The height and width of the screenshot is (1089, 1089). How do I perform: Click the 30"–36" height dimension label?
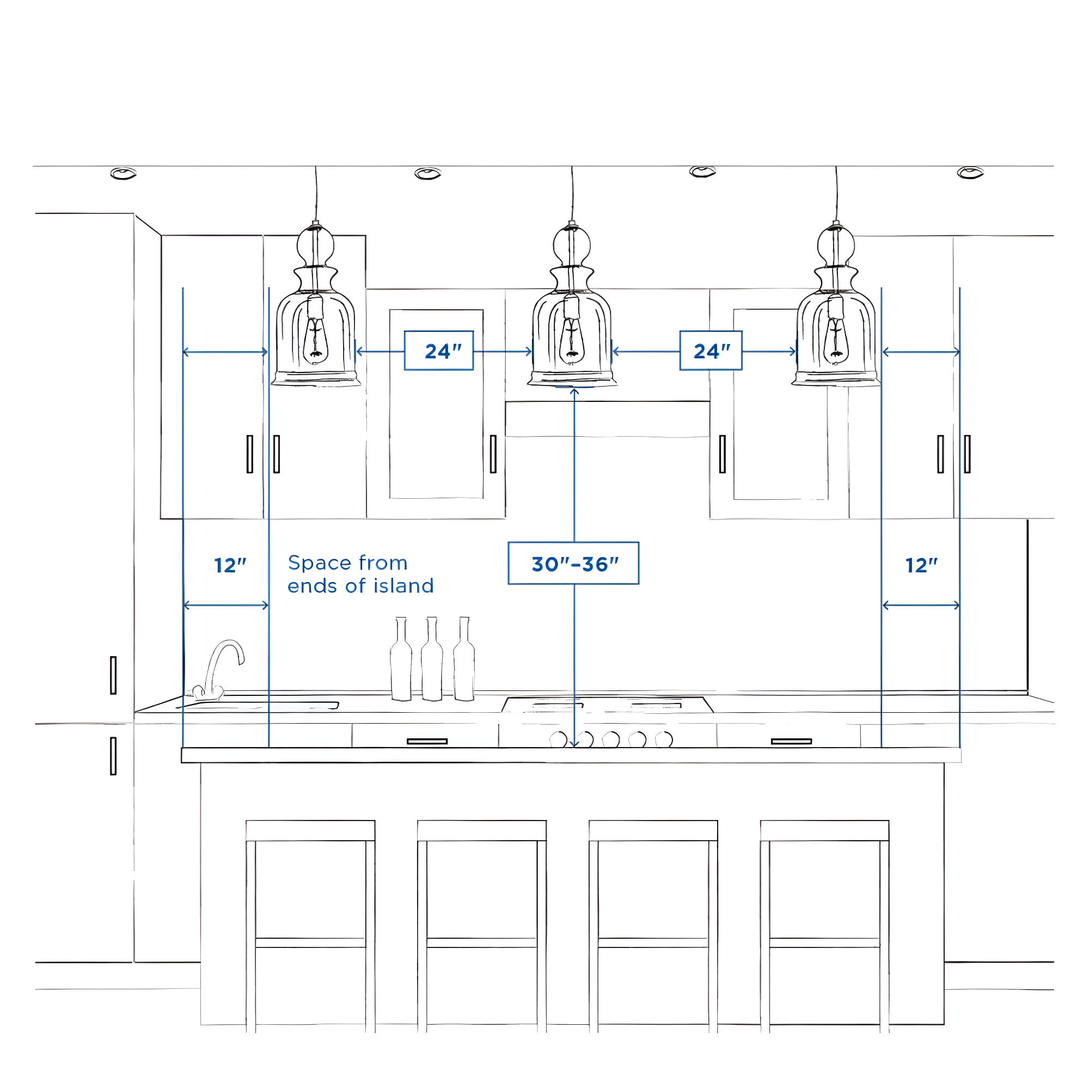573,564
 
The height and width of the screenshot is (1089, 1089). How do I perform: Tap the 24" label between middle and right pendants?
711,351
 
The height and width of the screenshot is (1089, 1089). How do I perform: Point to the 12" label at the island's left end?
230,565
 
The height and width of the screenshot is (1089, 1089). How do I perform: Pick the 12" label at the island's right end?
921,565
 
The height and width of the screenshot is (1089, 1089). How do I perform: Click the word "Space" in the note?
320,563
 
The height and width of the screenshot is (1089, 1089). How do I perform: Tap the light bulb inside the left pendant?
316,341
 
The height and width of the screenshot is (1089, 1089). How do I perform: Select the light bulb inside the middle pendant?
572,341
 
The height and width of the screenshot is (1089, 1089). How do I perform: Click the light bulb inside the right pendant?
836,341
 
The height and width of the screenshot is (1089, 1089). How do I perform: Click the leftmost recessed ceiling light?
124,173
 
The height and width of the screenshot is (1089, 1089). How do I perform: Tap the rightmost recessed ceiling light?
970,173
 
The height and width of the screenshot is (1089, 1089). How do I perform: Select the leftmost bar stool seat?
310,831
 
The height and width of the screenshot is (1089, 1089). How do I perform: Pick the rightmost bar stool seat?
824,831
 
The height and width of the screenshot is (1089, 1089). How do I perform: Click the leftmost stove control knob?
558,739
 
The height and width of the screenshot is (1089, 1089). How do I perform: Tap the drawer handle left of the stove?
427,741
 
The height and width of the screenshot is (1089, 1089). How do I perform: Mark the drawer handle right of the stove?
791,741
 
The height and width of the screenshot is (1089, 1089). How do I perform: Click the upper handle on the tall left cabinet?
113,675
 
